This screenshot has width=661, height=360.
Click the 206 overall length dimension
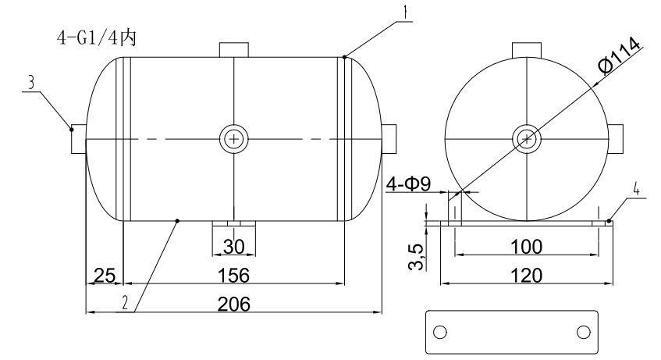(233, 304)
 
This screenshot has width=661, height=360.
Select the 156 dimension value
(233, 275)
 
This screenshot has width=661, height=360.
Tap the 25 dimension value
(105, 275)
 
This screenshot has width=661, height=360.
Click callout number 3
(30, 82)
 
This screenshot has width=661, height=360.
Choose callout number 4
(637, 189)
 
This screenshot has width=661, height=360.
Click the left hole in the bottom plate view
(439, 332)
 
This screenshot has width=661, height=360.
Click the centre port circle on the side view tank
(233, 139)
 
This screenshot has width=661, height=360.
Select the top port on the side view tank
(233, 48)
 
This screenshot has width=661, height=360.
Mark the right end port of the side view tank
(389, 139)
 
